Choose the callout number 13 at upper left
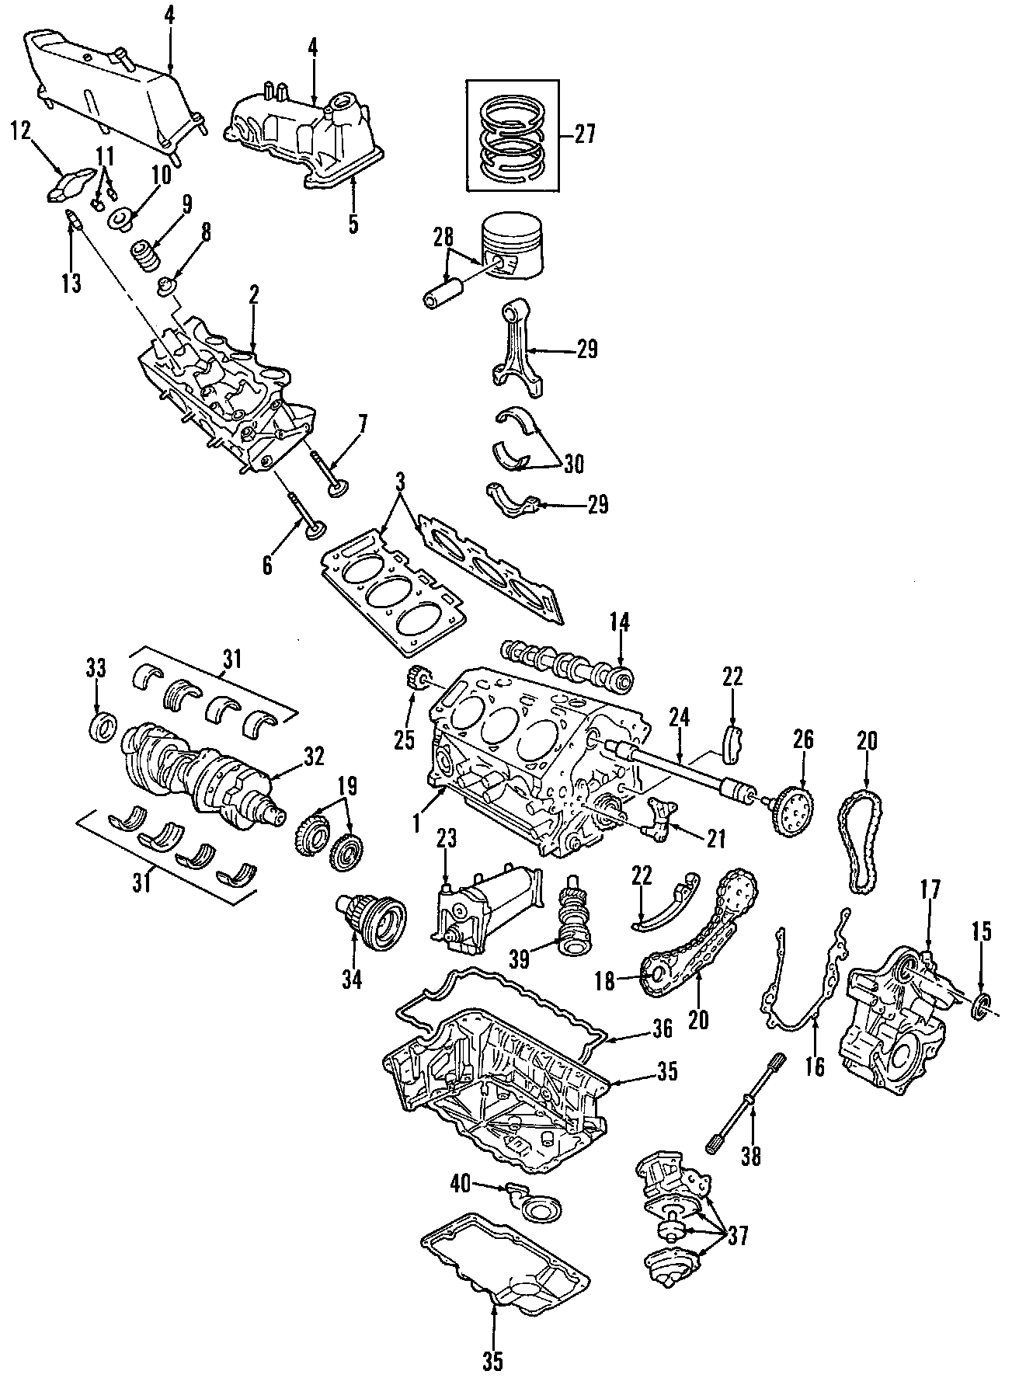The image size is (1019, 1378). coord(71,284)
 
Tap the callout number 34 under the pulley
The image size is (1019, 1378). coord(353,980)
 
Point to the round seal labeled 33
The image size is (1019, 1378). coord(102,729)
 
